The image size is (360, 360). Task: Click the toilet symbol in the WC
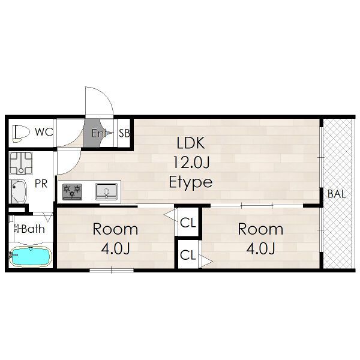[x=21, y=133]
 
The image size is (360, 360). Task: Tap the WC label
[x=44, y=132]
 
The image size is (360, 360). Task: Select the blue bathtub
[x=31, y=256]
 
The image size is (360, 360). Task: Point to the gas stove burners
[x=72, y=192]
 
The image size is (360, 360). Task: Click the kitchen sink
[x=106, y=191]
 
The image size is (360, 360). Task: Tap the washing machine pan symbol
[x=20, y=163]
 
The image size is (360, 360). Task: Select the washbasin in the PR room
[x=18, y=191]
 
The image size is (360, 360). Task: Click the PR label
[x=41, y=184]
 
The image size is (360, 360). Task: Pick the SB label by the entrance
[x=124, y=133]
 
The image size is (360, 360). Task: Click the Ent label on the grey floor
[x=99, y=133]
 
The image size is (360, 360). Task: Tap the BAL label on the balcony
[x=337, y=194]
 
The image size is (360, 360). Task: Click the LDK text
[x=191, y=143]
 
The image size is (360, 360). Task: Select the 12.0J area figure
[x=191, y=163]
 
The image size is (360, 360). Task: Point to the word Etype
[x=191, y=182]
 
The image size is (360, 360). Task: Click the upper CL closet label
[x=188, y=223]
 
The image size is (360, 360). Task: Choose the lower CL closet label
[x=188, y=255]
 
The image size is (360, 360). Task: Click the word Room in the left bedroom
[x=115, y=229]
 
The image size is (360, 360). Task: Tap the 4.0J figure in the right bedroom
[x=260, y=248]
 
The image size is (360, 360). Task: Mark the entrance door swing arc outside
[x=107, y=95]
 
